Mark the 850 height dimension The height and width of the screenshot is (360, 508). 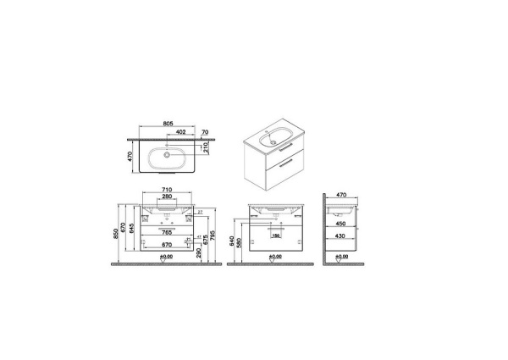point(118,234)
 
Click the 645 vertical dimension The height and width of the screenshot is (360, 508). point(132,230)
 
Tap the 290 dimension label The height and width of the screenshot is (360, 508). point(200,253)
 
